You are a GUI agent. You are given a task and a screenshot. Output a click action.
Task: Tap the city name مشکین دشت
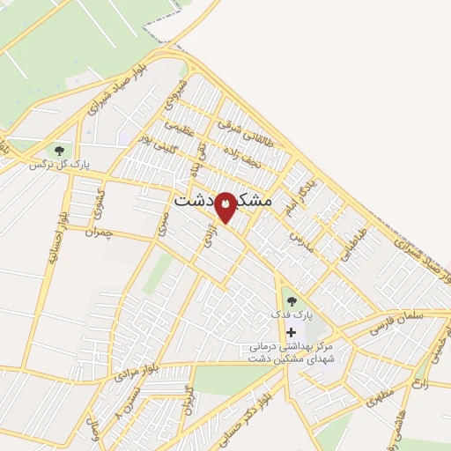point(224,200)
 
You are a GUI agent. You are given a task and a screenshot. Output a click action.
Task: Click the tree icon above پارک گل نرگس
point(60,150)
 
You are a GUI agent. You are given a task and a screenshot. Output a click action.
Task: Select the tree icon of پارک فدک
point(292,301)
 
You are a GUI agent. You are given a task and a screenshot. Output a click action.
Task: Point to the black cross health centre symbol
point(292,332)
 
